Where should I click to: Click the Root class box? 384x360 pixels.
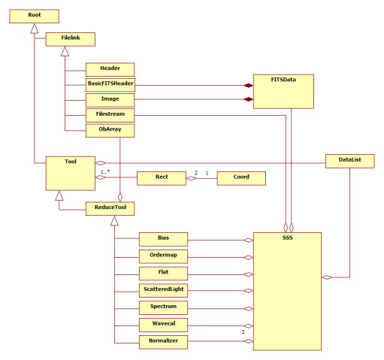35,17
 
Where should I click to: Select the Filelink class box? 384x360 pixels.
71,39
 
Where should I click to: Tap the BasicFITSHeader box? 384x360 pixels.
110,85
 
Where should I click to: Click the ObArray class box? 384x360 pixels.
110,131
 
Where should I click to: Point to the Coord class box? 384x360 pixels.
241,178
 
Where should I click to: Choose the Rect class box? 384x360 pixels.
162,178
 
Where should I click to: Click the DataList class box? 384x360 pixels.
350,161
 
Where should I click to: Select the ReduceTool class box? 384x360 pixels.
110,209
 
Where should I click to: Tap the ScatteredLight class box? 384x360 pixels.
163,291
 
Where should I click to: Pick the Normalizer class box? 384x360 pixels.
163,342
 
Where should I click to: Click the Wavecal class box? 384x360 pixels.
163,325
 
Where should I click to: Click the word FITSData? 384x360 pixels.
283,80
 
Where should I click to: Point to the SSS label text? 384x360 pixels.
288,237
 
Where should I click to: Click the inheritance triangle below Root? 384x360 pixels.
35,29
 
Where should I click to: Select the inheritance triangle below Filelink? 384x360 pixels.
65,51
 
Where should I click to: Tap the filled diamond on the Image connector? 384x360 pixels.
249,99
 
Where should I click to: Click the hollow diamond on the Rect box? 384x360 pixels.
191,178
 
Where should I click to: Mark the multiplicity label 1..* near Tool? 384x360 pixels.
105,172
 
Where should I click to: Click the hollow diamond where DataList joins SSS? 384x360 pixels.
327,277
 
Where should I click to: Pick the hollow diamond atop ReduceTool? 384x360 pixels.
120,197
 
